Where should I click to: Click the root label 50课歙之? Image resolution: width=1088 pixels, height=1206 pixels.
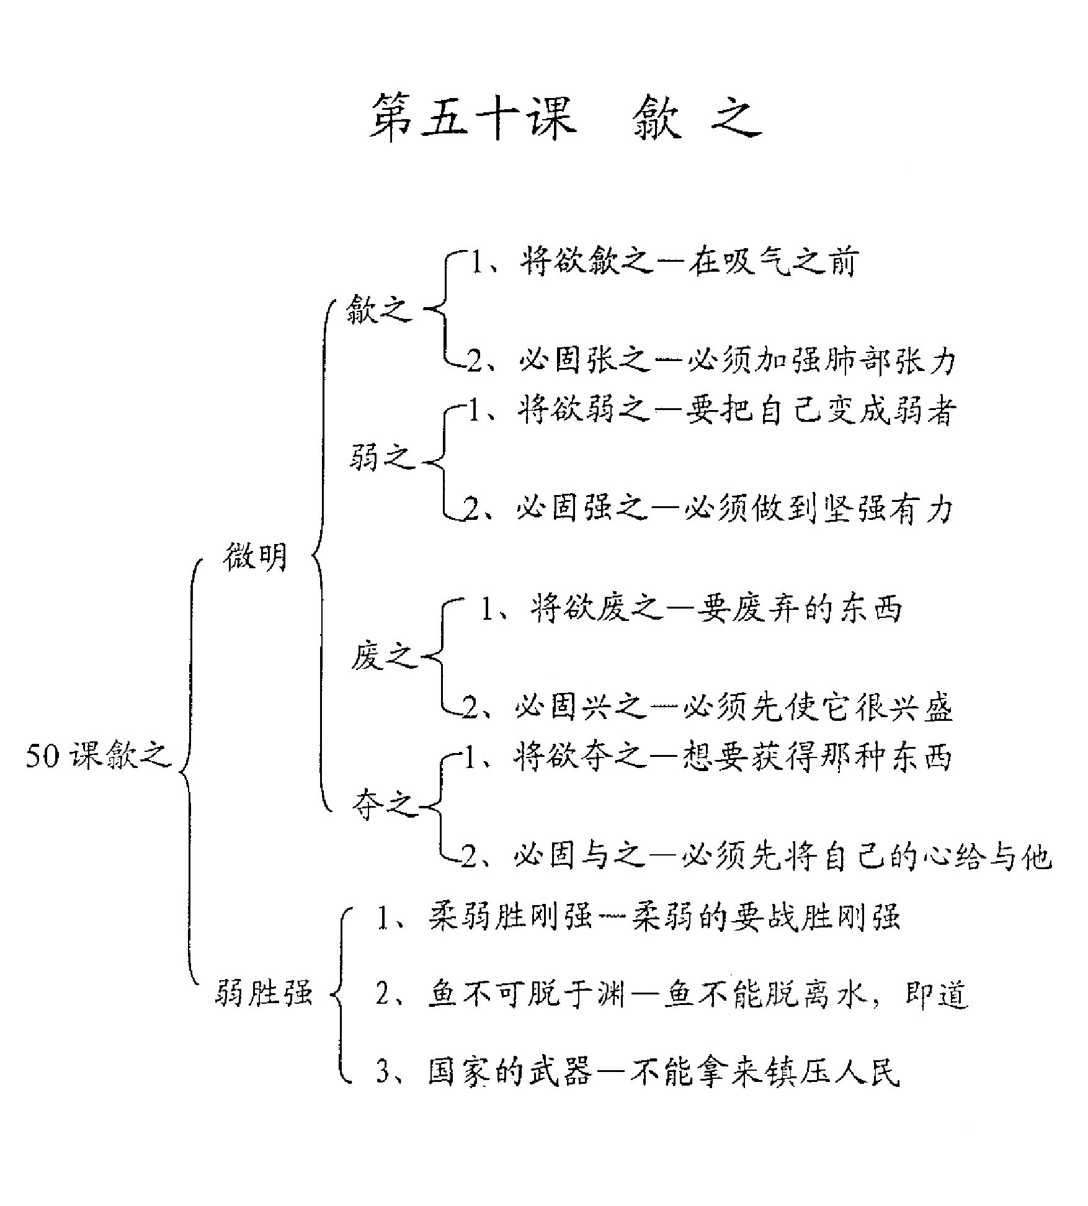(98, 756)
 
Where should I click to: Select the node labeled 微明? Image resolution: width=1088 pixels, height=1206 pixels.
(256, 555)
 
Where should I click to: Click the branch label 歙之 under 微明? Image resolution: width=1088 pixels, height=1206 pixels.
(379, 308)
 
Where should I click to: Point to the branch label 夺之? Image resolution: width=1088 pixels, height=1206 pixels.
(385, 805)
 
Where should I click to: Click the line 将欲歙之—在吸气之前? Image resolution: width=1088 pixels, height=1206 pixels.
(664, 261)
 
